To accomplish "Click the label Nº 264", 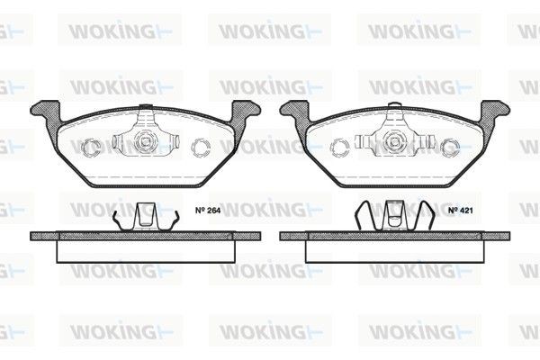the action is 208,210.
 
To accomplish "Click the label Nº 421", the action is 461,210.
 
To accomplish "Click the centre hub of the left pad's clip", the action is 145,141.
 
